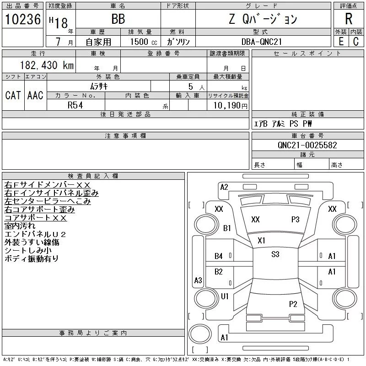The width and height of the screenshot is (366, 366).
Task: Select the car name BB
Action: [118, 19]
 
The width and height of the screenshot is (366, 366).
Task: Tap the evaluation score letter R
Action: [349, 19]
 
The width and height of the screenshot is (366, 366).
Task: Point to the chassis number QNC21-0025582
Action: [307, 145]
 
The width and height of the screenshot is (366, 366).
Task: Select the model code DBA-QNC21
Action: [263, 42]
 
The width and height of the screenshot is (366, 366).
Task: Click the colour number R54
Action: [75, 105]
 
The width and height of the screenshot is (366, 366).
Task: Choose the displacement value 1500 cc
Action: [140, 42]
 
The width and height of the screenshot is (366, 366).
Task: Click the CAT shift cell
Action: [13, 95]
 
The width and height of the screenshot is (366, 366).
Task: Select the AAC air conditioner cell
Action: [35, 95]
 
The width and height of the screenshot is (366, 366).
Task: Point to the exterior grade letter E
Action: [341, 42]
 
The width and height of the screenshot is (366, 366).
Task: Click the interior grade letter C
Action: [355, 42]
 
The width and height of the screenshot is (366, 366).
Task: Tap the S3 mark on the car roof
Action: [275, 254]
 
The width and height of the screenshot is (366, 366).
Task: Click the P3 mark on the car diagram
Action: [295, 220]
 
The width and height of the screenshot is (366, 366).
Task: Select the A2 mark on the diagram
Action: [224, 187]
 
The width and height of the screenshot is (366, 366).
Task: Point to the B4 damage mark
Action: [219, 256]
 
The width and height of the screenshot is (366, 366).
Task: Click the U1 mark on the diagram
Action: [225, 296]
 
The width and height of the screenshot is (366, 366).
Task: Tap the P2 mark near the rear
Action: [293, 304]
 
